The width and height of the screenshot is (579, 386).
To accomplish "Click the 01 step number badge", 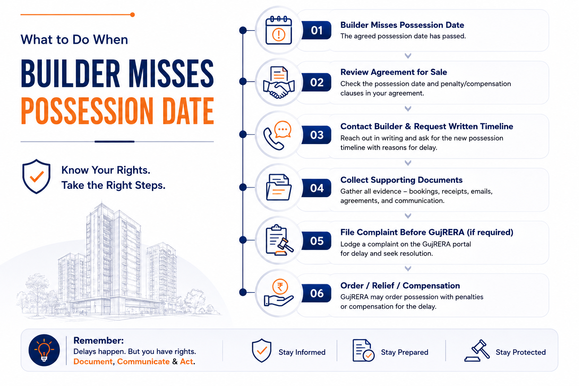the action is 316,30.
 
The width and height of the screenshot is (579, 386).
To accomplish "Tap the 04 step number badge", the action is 316,188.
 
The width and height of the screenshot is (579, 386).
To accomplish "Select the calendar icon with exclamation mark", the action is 279,30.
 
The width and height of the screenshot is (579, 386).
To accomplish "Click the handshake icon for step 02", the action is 279,83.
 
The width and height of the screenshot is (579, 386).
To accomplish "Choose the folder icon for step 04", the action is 279,187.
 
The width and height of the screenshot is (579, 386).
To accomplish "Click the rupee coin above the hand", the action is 280,286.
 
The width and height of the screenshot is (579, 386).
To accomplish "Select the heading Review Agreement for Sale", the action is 394,72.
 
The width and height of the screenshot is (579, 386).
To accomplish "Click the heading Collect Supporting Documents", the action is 401,180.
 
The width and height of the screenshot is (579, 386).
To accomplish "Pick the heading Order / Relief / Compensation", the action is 400,286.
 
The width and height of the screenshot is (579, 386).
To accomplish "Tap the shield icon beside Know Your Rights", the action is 36,176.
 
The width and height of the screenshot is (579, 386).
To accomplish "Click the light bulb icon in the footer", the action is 44,350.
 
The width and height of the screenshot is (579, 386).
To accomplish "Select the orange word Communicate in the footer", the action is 143,361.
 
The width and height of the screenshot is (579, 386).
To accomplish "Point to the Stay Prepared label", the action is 404,352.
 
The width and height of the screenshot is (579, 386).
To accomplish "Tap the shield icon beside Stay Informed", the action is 262,350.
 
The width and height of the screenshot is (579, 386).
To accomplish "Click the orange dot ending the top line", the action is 132,15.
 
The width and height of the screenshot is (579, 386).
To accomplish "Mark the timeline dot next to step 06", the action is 243,293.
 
